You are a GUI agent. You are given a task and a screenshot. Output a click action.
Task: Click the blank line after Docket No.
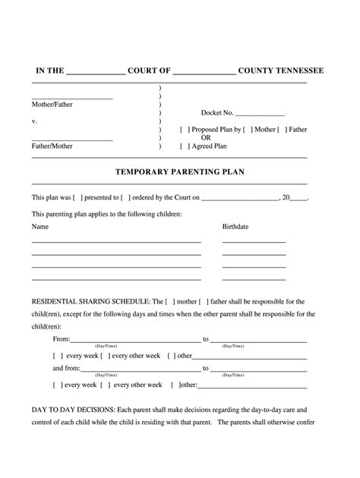pyautogui.click(x=261, y=113)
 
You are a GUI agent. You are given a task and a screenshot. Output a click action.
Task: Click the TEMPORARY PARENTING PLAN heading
pyautogui.click(x=179, y=172)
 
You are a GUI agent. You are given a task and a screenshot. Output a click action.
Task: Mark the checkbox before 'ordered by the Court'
pyautogui.click(x=125, y=197)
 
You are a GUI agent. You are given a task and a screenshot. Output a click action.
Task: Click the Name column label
pyautogui.click(x=39, y=227)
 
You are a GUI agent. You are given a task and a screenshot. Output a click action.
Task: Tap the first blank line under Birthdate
pyautogui.click(x=254, y=241)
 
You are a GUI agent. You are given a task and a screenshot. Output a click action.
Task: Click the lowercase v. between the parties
pyautogui.click(x=34, y=121)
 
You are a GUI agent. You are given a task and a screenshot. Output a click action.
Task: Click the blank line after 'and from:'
pyautogui.click(x=141, y=369)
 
